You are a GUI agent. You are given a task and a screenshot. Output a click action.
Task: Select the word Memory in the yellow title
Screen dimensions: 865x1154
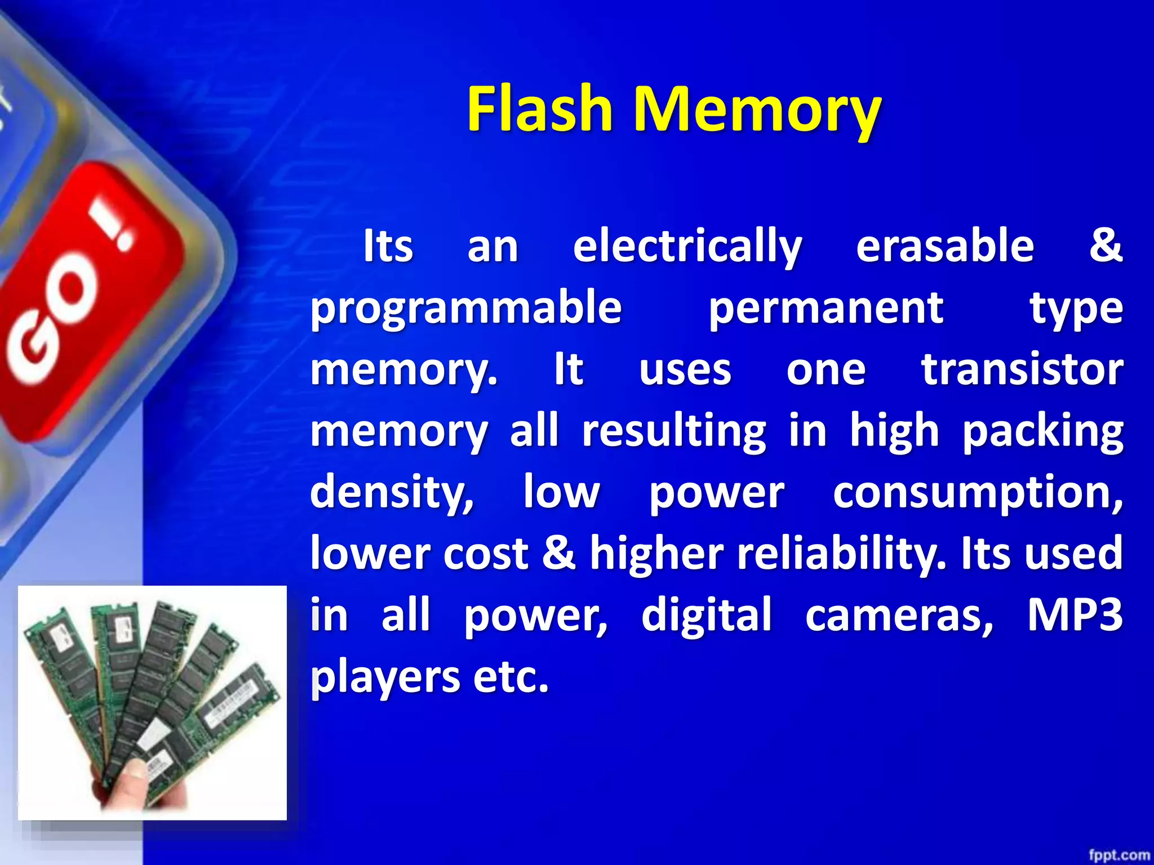tap(757, 110)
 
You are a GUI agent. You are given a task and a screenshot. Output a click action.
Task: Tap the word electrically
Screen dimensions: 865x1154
tap(687, 247)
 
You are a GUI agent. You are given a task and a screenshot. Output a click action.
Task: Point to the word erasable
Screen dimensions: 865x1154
tap(945, 246)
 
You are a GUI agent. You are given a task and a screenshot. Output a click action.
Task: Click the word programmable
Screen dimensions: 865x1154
tap(466, 309)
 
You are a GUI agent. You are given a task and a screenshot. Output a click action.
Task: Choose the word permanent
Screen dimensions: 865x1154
tap(825, 309)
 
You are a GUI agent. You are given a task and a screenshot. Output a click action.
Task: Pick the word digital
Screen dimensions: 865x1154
tap(706, 614)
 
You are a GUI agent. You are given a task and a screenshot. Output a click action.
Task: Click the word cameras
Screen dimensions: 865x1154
tap(899, 616)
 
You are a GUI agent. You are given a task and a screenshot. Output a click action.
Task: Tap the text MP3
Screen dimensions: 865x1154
tap(1075, 614)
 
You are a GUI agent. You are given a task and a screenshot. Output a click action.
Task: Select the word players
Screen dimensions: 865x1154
tap(385, 677)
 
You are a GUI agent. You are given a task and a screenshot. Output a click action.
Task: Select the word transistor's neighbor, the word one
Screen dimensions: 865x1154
tap(825, 371)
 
